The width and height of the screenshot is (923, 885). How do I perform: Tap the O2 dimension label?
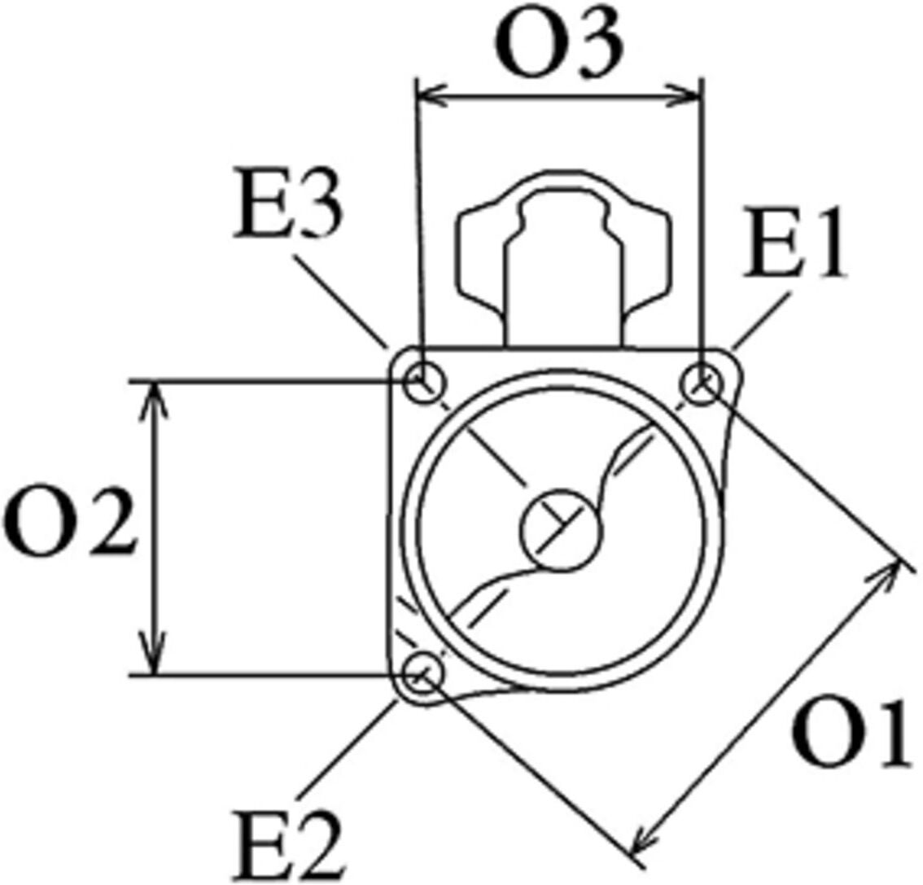pyautogui.click(x=69, y=522)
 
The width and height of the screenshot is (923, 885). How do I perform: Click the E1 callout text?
pyautogui.click(x=794, y=242)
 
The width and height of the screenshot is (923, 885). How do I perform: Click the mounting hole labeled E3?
pyautogui.click(x=424, y=383)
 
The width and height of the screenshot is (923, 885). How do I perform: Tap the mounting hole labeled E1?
pyautogui.click(x=702, y=384)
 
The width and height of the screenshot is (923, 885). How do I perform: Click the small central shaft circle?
pyautogui.click(x=561, y=531)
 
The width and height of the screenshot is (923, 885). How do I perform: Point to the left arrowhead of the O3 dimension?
pyautogui.click(x=431, y=94)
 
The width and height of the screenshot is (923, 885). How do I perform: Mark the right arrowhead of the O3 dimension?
pyautogui.click(x=686, y=94)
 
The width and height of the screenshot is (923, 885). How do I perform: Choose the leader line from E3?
pyautogui.click(x=340, y=301)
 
